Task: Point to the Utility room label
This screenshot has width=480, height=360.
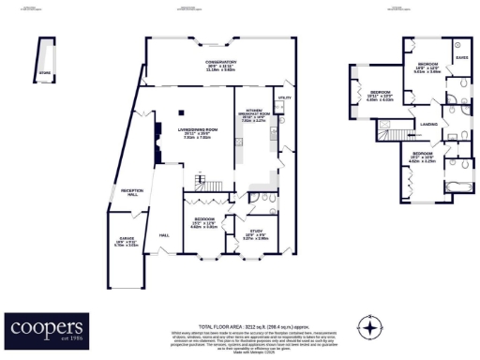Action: pos(281,97)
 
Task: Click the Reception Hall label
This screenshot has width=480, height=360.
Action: pos(130,193)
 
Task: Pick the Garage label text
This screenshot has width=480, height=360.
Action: pos(125,239)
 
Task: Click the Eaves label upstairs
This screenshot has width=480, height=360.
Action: pos(460,57)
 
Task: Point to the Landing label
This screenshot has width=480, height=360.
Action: pos(429,123)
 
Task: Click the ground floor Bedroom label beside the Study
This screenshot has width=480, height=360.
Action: pos(203,198)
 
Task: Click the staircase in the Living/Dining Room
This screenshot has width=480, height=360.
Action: pos(199,180)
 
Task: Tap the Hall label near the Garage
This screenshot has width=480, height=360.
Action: pos(163,233)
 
